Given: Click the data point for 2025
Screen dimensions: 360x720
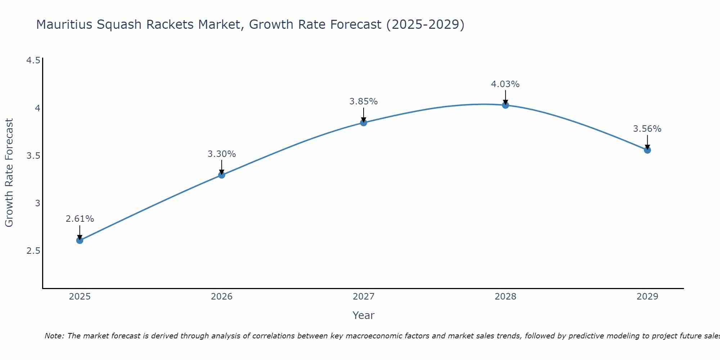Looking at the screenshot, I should (x=80, y=240).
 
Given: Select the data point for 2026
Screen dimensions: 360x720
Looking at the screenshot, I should (x=221, y=175).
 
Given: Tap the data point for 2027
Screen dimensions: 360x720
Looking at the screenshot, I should (x=363, y=123).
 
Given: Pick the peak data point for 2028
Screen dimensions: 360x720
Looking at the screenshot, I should (x=505, y=105).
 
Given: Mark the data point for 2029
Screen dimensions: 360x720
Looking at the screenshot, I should (x=647, y=150).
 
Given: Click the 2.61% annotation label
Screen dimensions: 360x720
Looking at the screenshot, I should (x=80, y=219).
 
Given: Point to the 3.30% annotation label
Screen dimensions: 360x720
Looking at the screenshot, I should (x=221, y=154).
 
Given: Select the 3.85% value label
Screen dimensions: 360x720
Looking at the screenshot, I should (x=363, y=102).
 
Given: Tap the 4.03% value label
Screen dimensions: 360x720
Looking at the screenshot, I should (x=505, y=84).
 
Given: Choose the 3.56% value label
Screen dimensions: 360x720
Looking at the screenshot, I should (x=647, y=129).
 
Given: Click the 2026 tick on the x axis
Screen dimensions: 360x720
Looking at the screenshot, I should (x=221, y=297).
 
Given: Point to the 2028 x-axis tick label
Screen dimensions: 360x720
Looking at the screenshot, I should (x=505, y=297).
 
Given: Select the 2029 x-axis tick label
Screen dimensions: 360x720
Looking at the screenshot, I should (x=647, y=297).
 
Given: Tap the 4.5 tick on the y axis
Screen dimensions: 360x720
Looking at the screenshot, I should (x=33, y=60).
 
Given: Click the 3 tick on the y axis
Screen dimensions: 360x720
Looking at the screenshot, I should (x=37, y=203).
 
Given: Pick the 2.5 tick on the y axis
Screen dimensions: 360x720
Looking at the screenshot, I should (x=33, y=251).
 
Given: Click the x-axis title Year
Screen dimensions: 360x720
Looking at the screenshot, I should (x=363, y=315).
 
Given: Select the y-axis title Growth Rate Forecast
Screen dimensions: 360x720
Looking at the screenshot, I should (x=9, y=173).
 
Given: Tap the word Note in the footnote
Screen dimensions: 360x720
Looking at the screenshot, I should (x=54, y=336).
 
